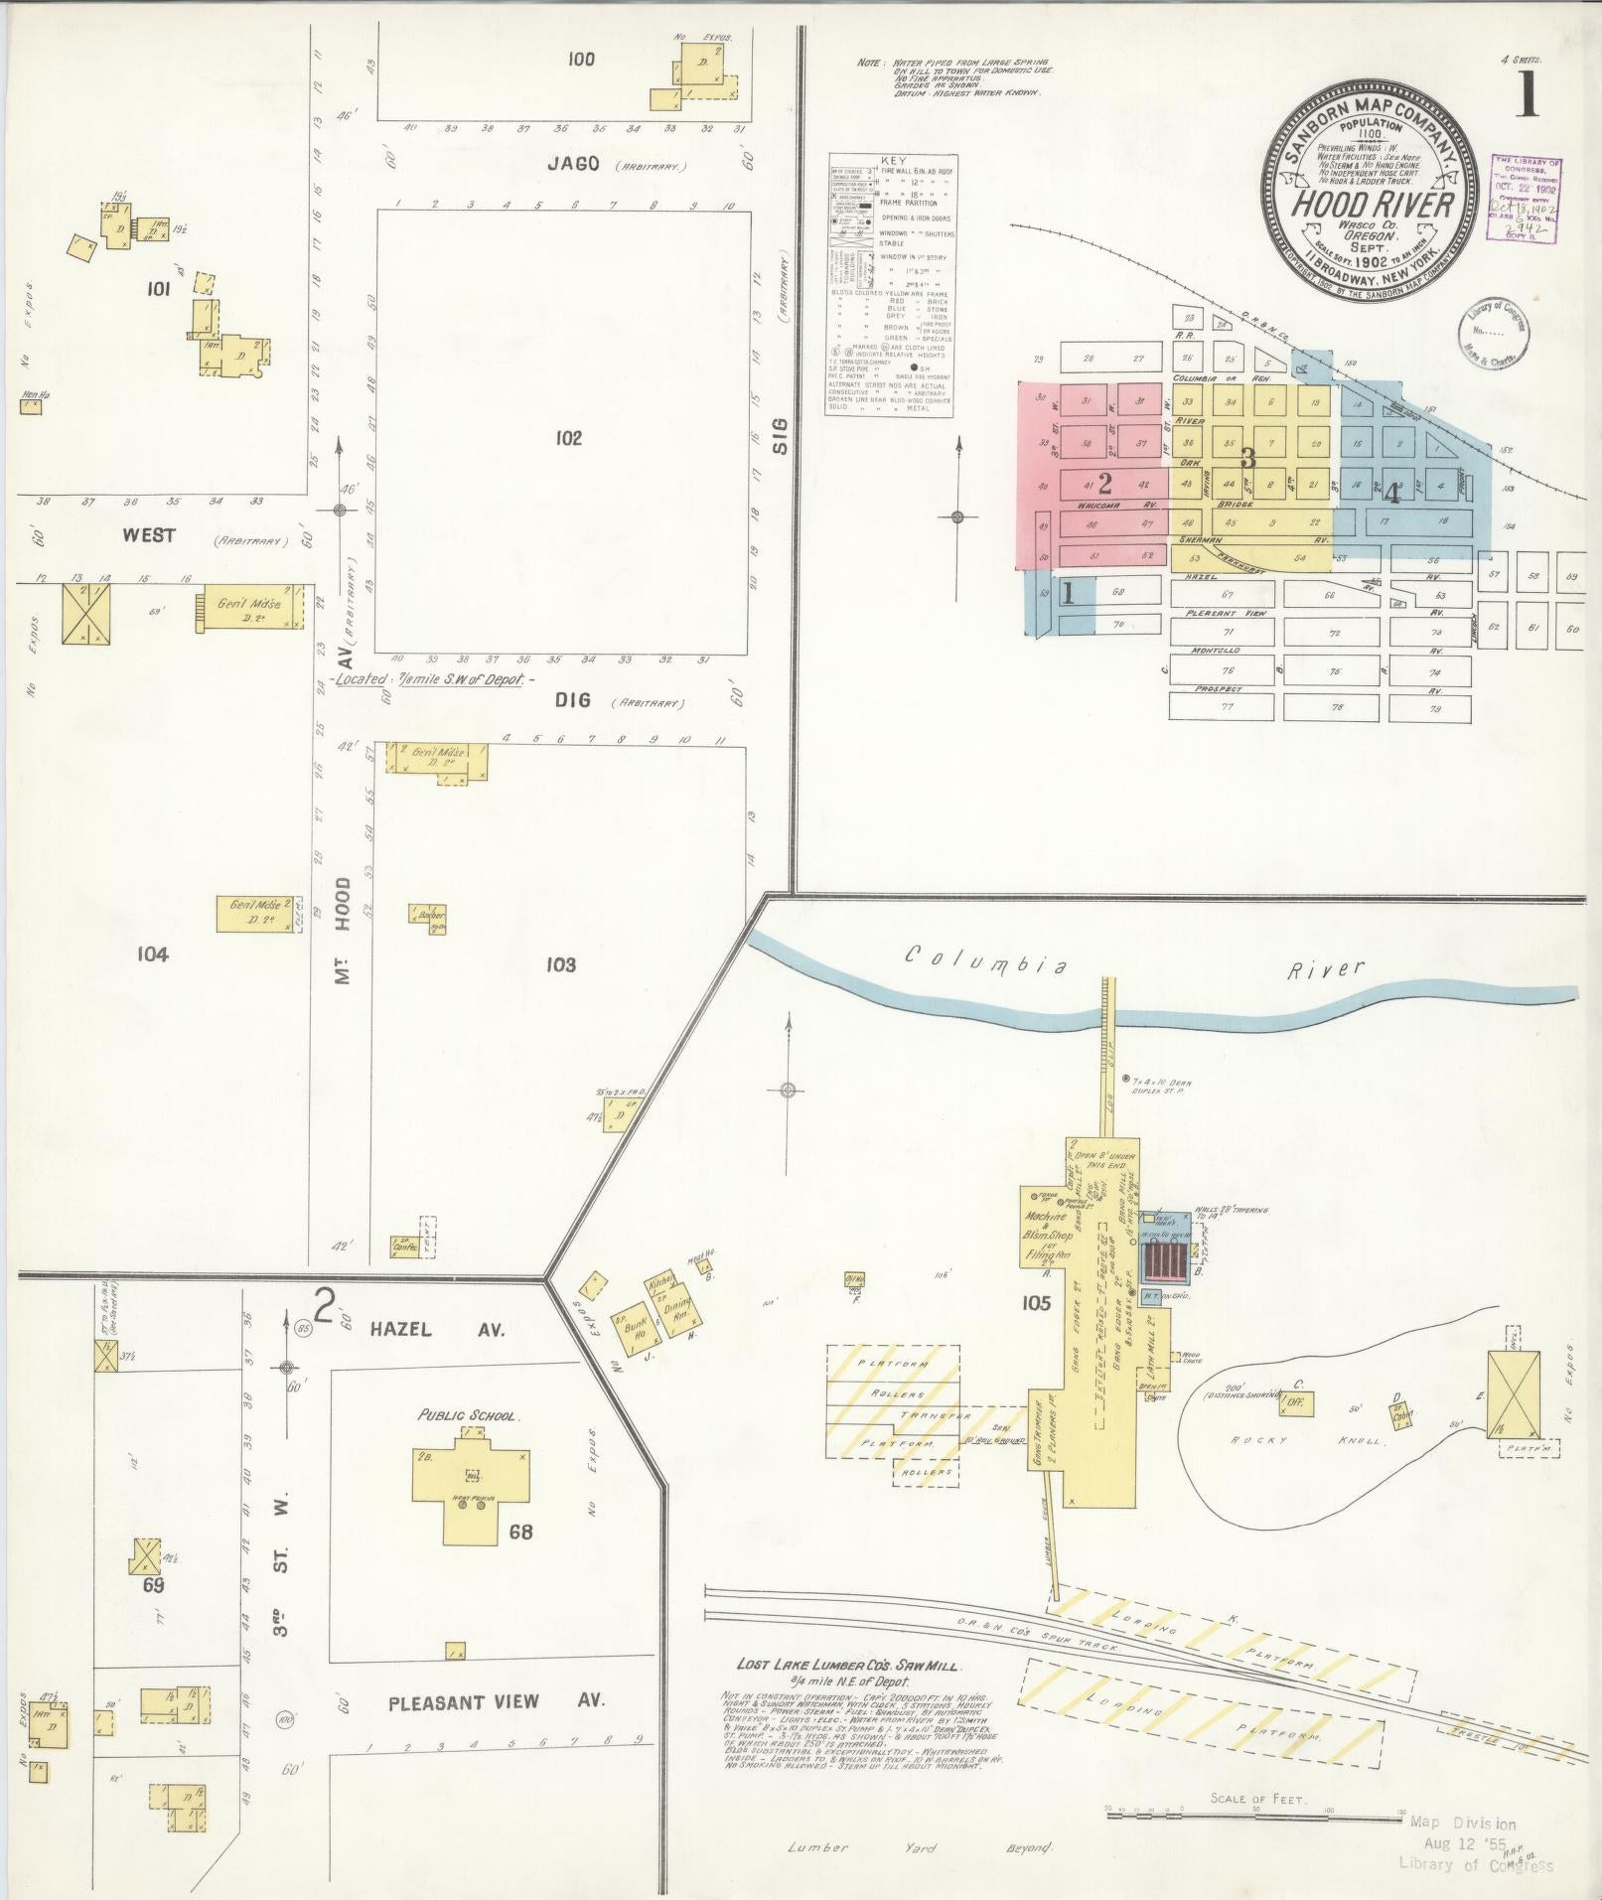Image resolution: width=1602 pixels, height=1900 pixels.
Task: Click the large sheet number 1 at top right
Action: [1526, 93]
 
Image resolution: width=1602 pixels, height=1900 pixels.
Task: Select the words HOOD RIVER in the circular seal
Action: [1372, 204]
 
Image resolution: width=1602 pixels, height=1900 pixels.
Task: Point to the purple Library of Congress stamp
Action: [1527, 198]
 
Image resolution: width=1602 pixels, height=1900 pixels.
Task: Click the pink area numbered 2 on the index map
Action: [1102, 484]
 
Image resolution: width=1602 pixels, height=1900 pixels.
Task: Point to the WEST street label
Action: [149, 535]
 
